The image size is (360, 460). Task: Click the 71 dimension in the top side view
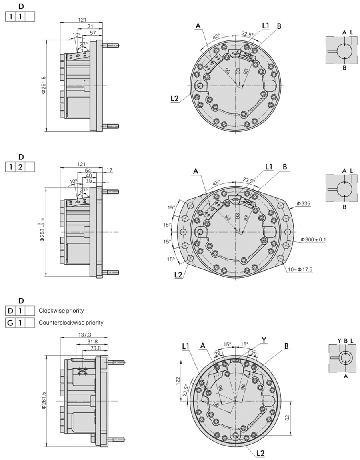point(90,26)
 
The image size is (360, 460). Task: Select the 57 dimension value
point(93,32)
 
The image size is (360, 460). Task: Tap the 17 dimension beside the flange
point(109,171)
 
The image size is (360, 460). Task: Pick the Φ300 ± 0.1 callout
point(314,240)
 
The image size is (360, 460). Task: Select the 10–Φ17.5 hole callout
point(300,270)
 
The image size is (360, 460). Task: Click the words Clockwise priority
point(61,311)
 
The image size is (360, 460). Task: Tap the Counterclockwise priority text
point(71,322)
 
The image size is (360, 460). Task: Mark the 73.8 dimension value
point(96,348)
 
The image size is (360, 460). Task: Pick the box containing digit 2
point(19,167)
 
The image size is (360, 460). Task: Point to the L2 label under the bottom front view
point(260,453)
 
